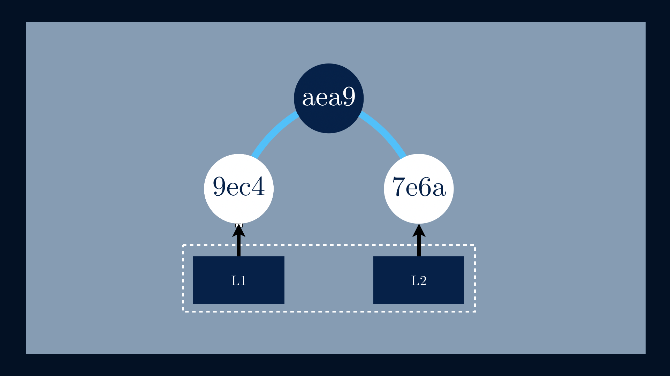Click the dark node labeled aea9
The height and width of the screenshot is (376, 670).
coord(329,98)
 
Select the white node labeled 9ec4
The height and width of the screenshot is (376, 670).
coord(239,189)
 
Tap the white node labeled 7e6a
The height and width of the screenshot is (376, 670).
coord(419,189)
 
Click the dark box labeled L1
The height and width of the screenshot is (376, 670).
coord(239,280)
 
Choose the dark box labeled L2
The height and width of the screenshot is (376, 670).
coord(419,280)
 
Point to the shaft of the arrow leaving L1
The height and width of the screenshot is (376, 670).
coord(239,246)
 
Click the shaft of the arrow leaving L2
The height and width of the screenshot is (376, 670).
coord(419,246)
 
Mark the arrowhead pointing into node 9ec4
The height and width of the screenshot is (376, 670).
coord(239,231)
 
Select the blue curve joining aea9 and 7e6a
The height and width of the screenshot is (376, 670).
coord(385,133)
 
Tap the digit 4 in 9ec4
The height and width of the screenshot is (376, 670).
coord(258,187)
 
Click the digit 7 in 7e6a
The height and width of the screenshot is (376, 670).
coord(398,187)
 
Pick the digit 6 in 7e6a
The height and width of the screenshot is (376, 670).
coord(425,187)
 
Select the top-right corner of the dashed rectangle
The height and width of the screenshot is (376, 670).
coord(475,245)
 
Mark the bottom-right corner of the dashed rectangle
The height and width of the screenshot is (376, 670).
coord(475,311)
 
